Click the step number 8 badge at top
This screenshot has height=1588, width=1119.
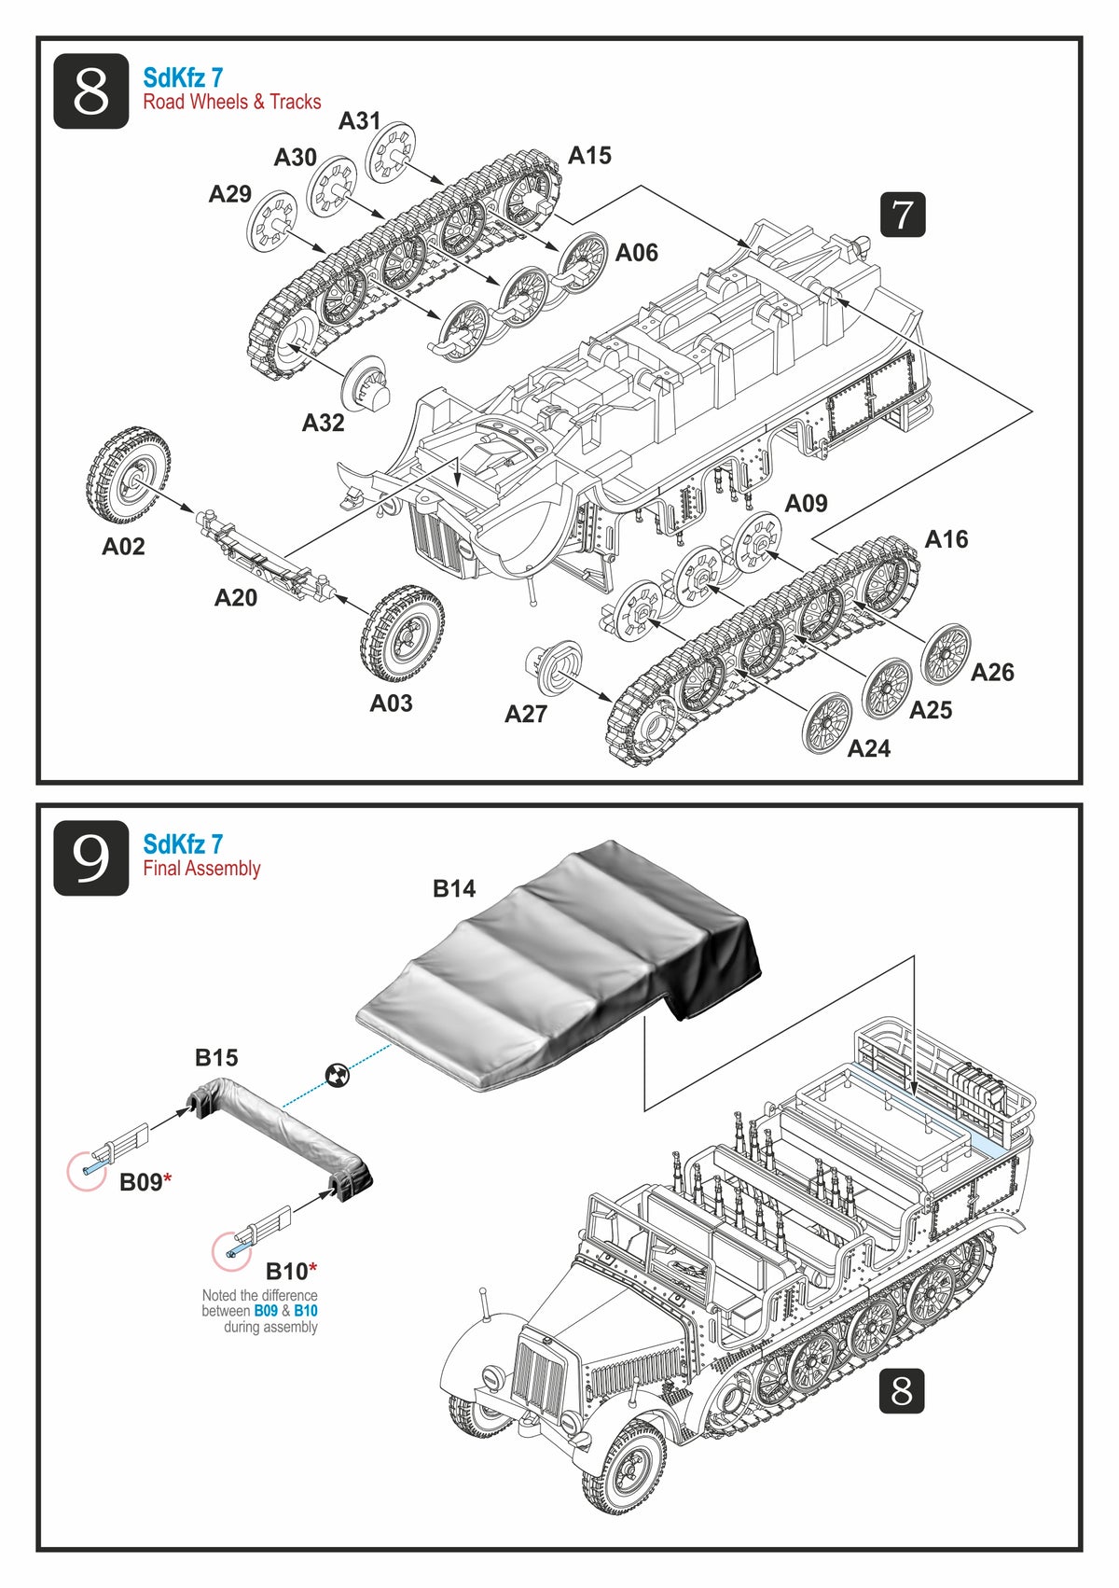pyautogui.click(x=90, y=91)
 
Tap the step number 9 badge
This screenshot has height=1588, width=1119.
pyautogui.click(x=90, y=858)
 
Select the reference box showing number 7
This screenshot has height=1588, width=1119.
pyautogui.click(x=902, y=215)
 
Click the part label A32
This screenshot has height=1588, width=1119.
pyautogui.click(x=323, y=423)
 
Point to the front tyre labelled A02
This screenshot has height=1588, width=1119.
pyautogui.click(x=131, y=477)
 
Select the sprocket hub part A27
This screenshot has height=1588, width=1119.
pyautogui.click(x=554, y=665)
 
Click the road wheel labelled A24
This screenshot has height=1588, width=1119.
pyautogui.click(x=826, y=723)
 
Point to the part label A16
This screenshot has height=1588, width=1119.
pyautogui.click(x=946, y=539)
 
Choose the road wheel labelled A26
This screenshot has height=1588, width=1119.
pyautogui.click(x=945, y=653)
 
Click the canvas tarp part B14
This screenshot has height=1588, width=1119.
pyautogui.click(x=559, y=970)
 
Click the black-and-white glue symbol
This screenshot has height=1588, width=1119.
pyautogui.click(x=337, y=1075)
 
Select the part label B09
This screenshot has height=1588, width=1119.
pyautogui.click(x=142, y=1182)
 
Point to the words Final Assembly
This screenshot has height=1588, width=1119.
pyautogui.click(x=201, y=869)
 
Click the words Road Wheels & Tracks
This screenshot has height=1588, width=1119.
pyautogui.click(x=231, y=102)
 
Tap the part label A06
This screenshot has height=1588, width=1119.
pyautogui.click(x=636, y=253)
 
